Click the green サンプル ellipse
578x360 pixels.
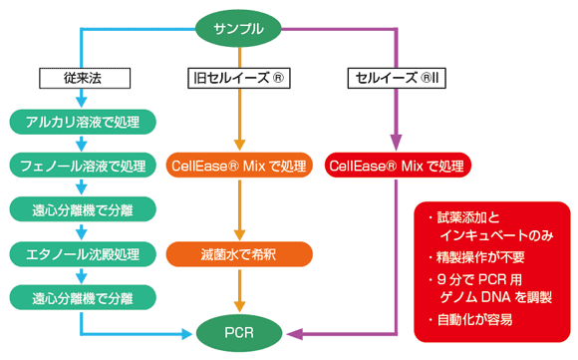click(x=238, y=29)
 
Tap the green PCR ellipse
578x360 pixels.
click(x=239, y=333)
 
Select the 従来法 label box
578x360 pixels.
click(x=85, y=78)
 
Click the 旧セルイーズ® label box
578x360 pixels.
click(x=239, y=78)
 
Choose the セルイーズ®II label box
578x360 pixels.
click(x=397, y=78)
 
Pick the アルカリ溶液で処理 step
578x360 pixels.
click(x=83, y=122)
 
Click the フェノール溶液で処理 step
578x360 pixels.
click(x=83, y=166)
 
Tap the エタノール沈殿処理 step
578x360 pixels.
click(x=83, y=253)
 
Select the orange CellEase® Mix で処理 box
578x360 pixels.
click(x=239, y=166)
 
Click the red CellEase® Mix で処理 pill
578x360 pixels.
click(x=398, y=166)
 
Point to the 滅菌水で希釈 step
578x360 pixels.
click(x=239, y=253)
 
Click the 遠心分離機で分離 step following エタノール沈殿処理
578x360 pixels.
click(x=83, y=297)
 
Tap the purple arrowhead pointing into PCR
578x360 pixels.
click(x=294, y=334)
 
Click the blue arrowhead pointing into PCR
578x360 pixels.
click(x=187, y=334)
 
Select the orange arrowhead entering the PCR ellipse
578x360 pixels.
click(x=239, y=306)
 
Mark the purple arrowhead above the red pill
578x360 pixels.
click(x=396, y=142)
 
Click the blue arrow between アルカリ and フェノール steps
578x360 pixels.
click(x=82, y=144)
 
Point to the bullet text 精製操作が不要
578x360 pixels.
click(x=480, y=257)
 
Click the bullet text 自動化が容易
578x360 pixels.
click(x=474, y=319)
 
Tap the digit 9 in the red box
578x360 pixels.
click(x=441, y=279)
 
